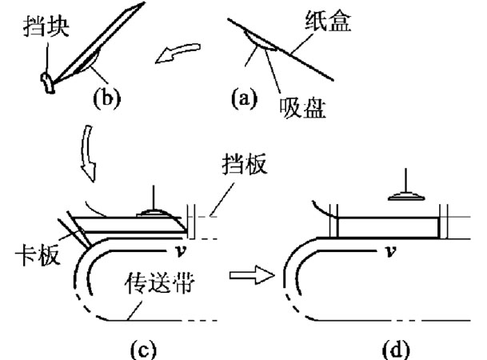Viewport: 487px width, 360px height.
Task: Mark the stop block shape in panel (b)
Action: pos(47,80)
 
